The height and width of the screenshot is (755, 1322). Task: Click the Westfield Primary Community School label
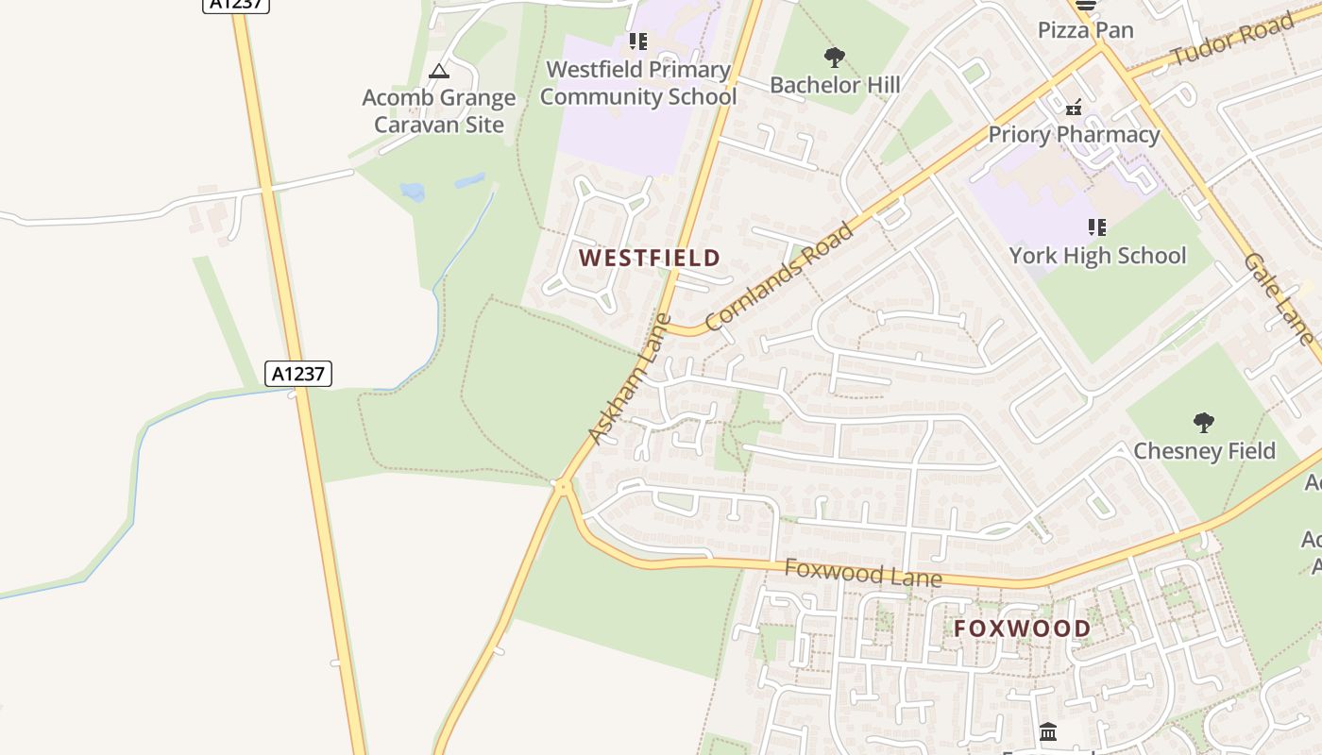tap(637, 83)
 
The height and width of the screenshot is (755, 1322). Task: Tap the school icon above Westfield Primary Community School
tap(638, 42)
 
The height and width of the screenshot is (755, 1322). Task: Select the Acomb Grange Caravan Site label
tap(439, 110)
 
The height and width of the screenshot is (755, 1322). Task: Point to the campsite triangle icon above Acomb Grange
tap(438, 71)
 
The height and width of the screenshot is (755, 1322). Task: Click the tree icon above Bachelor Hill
tap(834, 58)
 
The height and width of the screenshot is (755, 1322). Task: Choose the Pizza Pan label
tap(1085, 30)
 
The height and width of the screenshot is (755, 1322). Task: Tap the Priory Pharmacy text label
tap(1074, 135)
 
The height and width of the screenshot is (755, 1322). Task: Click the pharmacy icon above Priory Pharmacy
tap(1074, 107)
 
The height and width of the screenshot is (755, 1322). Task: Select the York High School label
tap(1097, 256)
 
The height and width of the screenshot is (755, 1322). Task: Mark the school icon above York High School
tap(1096, 227)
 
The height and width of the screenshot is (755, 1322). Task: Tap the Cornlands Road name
tap(779, 277)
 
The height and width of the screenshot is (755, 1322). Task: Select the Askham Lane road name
tap(629, 378)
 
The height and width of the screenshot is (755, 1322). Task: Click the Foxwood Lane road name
tap(863, 573)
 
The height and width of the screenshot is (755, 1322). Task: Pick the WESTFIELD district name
tap(650, 258)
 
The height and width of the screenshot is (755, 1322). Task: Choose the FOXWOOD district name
tap(1022, 629)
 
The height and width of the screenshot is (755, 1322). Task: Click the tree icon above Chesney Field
tap(1203, 422)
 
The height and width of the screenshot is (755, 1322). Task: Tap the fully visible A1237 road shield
tap(298, 374)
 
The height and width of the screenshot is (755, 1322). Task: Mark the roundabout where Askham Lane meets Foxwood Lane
tap(563, 487)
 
